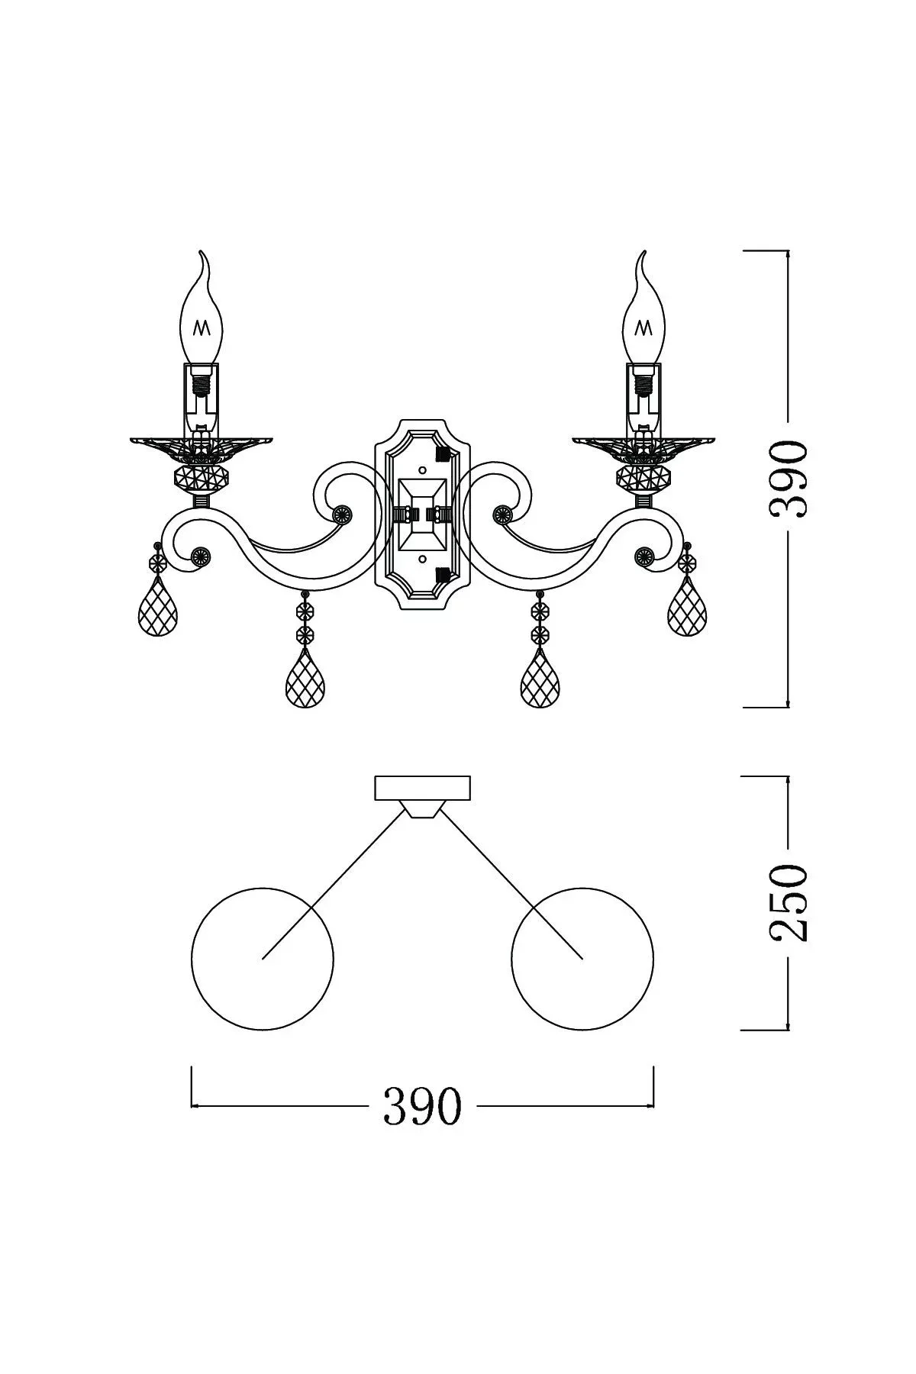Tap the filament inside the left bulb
[x=202, y=327]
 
